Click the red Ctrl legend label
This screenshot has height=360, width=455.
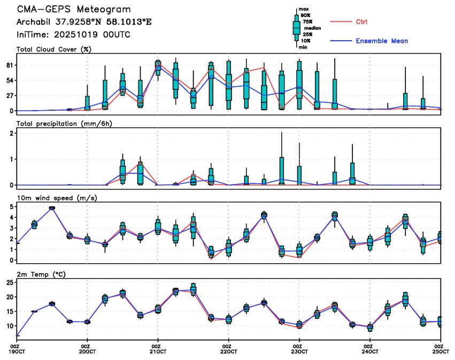[361, 21]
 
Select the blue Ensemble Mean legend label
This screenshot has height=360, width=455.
[382, 41]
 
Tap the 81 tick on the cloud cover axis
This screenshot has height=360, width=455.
[9, 65]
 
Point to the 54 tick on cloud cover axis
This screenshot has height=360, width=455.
[9, 80]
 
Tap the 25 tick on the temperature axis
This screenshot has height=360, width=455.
[9, 282]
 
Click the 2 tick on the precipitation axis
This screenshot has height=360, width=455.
[11, 133]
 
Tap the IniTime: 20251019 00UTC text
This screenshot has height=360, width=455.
[73, 34]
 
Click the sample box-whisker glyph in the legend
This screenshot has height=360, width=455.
[296, 28]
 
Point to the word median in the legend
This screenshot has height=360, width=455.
[312, 28]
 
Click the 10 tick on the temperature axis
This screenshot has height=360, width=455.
[9, 326]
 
